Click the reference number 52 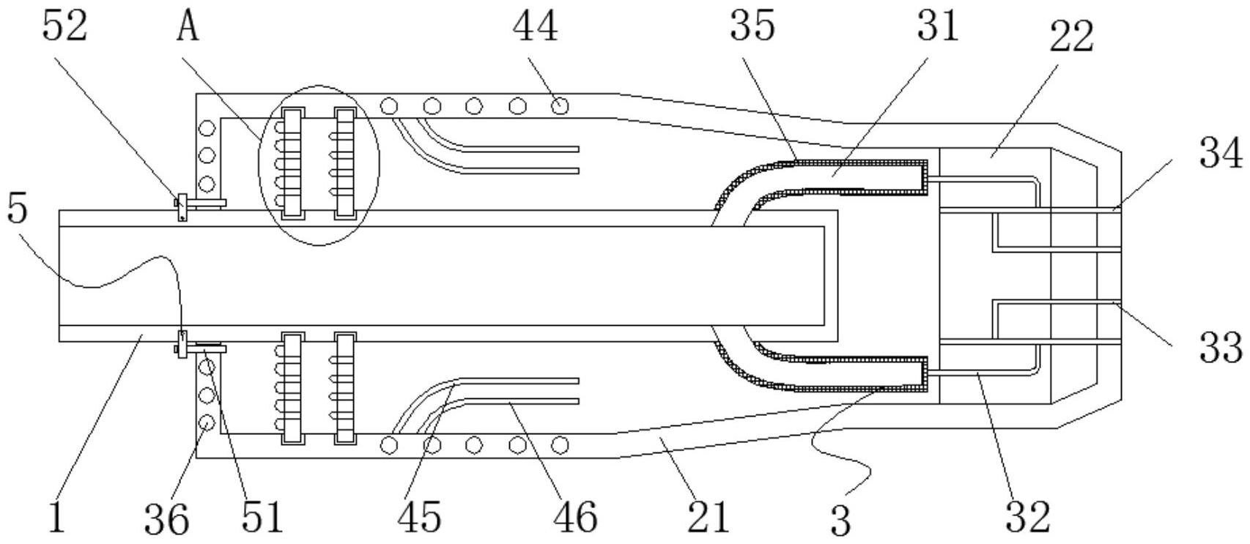click(x=64, y=27)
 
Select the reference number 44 click(x=535, y=27)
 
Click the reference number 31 click(x=936, y=27)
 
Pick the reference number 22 click(x=1071, y=37)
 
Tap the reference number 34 click(x=1221, y=154)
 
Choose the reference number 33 click(x=1221, y=346)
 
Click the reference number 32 click(x=1027, y=516)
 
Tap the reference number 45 click(x=421, y=516)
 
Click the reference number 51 click(x=262, y=516)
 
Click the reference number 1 click(x=57, y=516)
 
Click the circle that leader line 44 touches click(x=560, y=106)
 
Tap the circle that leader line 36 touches click(x=207, y=423)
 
